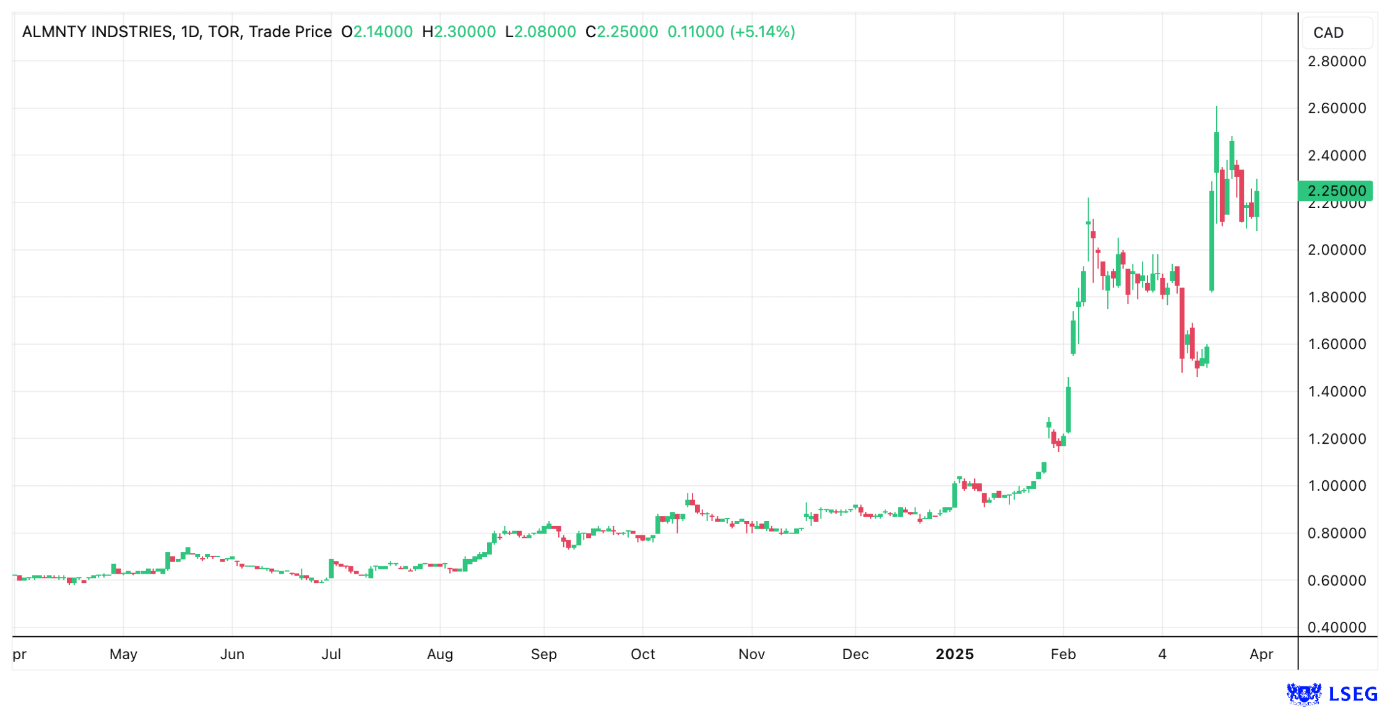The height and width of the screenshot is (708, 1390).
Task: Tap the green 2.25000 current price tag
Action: (1335, 191)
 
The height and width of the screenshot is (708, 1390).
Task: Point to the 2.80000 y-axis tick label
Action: (1336, 61)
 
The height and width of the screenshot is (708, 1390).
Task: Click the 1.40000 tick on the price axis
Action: (1336, 391)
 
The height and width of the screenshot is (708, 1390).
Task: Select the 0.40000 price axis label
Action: (1336, 627)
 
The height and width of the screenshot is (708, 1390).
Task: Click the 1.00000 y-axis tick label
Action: (1336, 486)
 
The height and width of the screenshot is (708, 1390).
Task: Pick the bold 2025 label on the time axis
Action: (954, 654)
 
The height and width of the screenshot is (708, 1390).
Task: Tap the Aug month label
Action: (439, 654)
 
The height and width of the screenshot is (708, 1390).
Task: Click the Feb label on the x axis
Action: (1063, 654)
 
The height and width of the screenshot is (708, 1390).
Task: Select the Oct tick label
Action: (642, 654)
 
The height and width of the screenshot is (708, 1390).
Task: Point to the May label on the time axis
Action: (123, 654)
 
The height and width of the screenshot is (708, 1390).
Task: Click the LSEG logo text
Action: (1353, 694)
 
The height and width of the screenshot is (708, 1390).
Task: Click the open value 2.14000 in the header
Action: (382, 32)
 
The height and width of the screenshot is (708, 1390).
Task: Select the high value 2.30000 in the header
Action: (464, 32)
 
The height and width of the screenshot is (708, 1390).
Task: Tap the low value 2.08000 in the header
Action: (545, 32)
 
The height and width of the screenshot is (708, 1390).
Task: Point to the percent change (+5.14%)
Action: (762, 32)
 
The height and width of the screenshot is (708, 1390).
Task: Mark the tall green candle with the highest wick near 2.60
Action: (1216, 152)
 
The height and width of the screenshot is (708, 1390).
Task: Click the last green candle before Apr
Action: (1256, 204)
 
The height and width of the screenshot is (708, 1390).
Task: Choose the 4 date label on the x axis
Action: (1162, 654)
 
